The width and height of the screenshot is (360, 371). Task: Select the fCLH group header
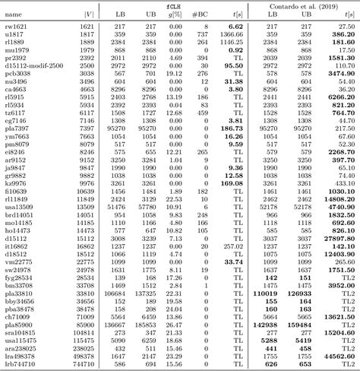[173, 5]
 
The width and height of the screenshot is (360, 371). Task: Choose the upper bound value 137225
[149, 293]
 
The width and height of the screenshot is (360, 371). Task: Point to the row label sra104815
[19, 332]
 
